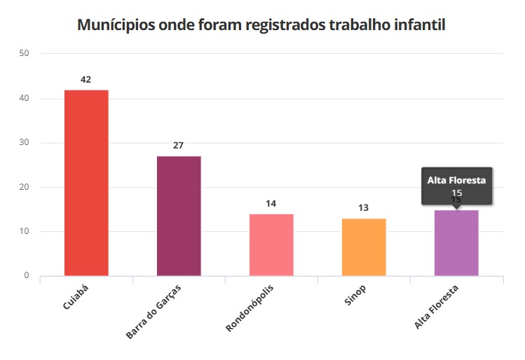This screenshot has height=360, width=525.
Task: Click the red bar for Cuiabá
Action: [x=86, y=183]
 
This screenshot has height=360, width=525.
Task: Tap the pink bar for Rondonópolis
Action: [x=271, y=244]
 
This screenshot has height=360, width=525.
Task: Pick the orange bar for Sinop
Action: [x=364, y=247]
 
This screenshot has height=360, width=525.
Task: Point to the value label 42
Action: [x=86, y=80]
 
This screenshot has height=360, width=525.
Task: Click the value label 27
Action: [x=178, y=146]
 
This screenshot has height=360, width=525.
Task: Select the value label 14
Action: [x=271, y=204]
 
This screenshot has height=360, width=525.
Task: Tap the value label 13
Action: [x=363, y=208]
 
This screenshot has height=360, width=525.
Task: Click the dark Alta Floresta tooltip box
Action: [x=457, y=186]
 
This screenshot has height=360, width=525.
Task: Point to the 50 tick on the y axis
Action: [x=25, y=53]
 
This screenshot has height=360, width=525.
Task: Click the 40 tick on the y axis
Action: [x=25, y=98]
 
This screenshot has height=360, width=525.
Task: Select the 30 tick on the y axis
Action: [x=25, y=143]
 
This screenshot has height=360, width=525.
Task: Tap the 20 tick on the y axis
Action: [x=25, y=187]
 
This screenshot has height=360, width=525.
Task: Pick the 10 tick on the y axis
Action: [x=25, y=231]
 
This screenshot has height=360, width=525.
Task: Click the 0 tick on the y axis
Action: [x=27, y=276]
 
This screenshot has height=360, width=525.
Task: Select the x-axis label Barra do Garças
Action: [x=154, y=312]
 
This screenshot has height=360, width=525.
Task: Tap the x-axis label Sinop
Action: [x=355, y=297]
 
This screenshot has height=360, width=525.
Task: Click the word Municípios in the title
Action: [x=116, y=26]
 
